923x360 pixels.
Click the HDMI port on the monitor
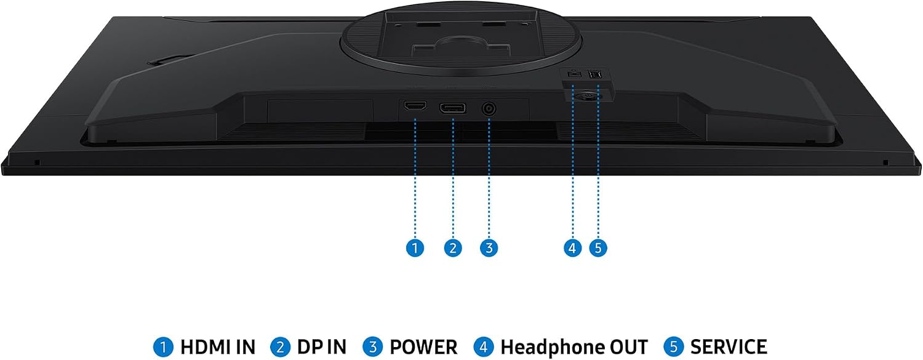coord(415,106)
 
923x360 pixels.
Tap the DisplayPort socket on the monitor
coord(453,108)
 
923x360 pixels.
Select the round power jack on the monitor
coord(489,109)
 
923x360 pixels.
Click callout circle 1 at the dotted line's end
coord(415,248)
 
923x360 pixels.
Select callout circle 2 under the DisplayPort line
coord(453,248)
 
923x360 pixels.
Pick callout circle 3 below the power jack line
coord(489,248)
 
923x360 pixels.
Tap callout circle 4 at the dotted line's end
coord(572,248)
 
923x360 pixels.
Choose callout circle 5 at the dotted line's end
coord(598,248)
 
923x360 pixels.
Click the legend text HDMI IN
coord(218,347)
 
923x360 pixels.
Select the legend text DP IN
coord(322,347)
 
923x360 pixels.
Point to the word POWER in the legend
coord(423,347)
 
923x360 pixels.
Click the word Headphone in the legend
coord(548,347)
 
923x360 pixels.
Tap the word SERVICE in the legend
coord(729,347)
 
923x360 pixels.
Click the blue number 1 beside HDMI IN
coord(164,347)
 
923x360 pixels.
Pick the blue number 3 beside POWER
coord(372,347)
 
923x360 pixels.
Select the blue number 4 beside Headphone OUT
coord(483,347)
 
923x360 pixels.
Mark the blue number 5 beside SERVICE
coord(673,347)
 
